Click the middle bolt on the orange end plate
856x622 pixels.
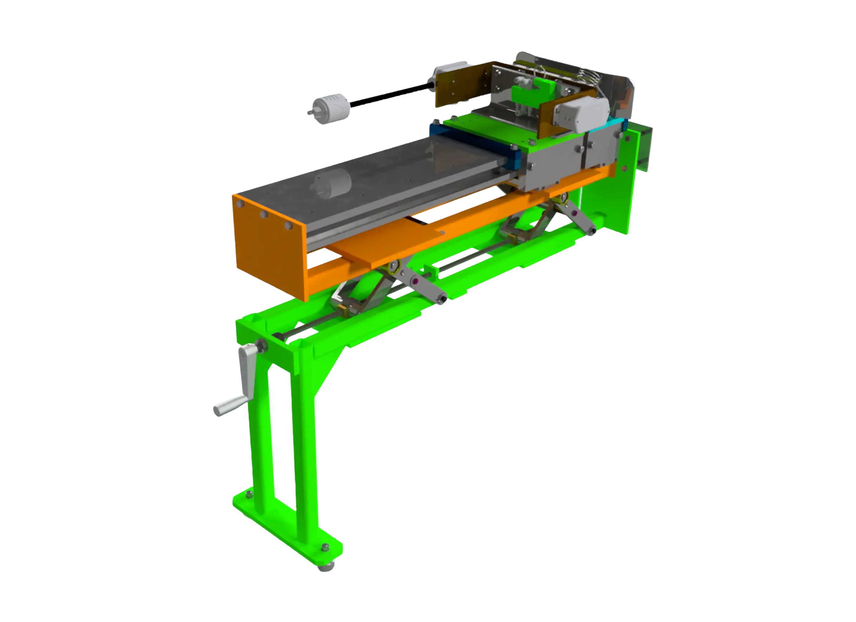tap(264, 214)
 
